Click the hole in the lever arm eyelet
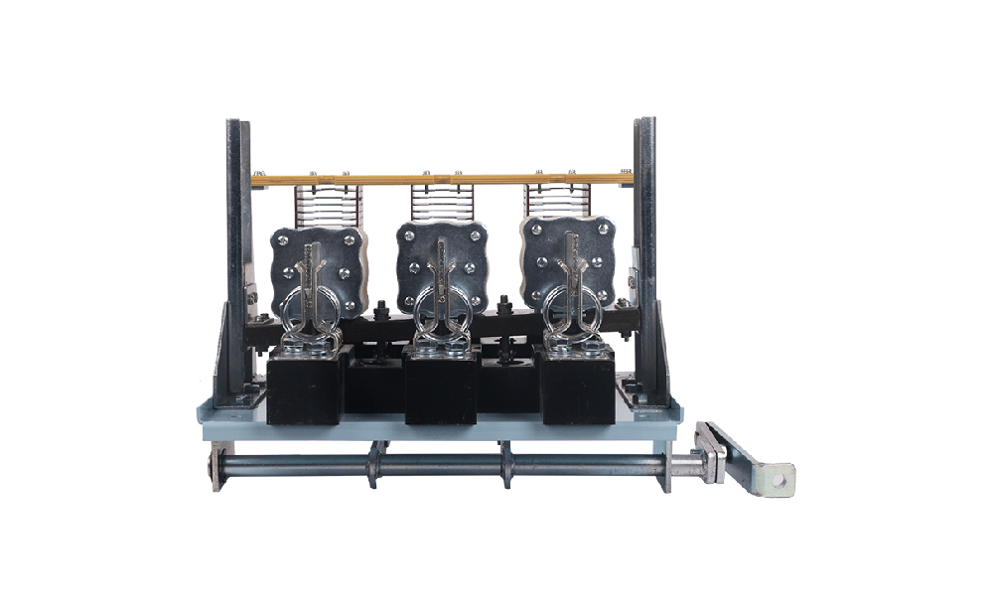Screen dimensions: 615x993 [x=781, y=479]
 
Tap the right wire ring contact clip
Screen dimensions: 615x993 [x=569, y=310]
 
